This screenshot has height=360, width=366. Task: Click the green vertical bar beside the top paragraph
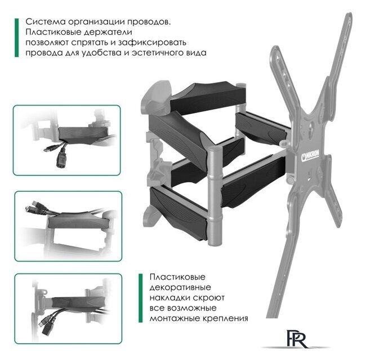[x=17, y=37]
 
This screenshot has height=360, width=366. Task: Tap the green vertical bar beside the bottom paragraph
[x=141, y=298]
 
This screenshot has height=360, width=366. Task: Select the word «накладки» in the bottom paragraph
[x=169, y=298]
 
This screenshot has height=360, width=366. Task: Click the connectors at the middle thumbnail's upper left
[x=33, y=208]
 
